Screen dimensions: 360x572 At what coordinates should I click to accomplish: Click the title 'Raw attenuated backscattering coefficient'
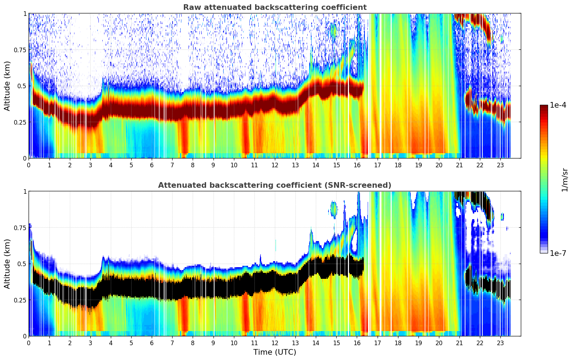[x=275, y=7]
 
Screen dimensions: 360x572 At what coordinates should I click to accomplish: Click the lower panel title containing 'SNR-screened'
[x=275, y=185]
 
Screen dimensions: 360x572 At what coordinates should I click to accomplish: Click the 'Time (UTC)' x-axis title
[x=275, y=352]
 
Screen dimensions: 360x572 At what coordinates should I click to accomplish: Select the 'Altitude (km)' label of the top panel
[x=7, y=86]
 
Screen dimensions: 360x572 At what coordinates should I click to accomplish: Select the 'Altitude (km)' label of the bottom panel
[x=7, y=264]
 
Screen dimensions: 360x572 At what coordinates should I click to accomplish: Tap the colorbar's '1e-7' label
[x=558, y=253]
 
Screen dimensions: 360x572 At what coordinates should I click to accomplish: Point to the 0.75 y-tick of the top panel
[x=20, y=50]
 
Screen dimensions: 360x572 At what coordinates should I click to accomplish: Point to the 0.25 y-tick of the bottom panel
[x=20, y=300]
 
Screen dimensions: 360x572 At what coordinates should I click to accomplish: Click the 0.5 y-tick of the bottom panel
[x=22, y=264]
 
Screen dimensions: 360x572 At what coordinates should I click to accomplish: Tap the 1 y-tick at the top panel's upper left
[x=25, y=13]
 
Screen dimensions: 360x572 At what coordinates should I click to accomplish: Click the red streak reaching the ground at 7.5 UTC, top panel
[x=184, y=141]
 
